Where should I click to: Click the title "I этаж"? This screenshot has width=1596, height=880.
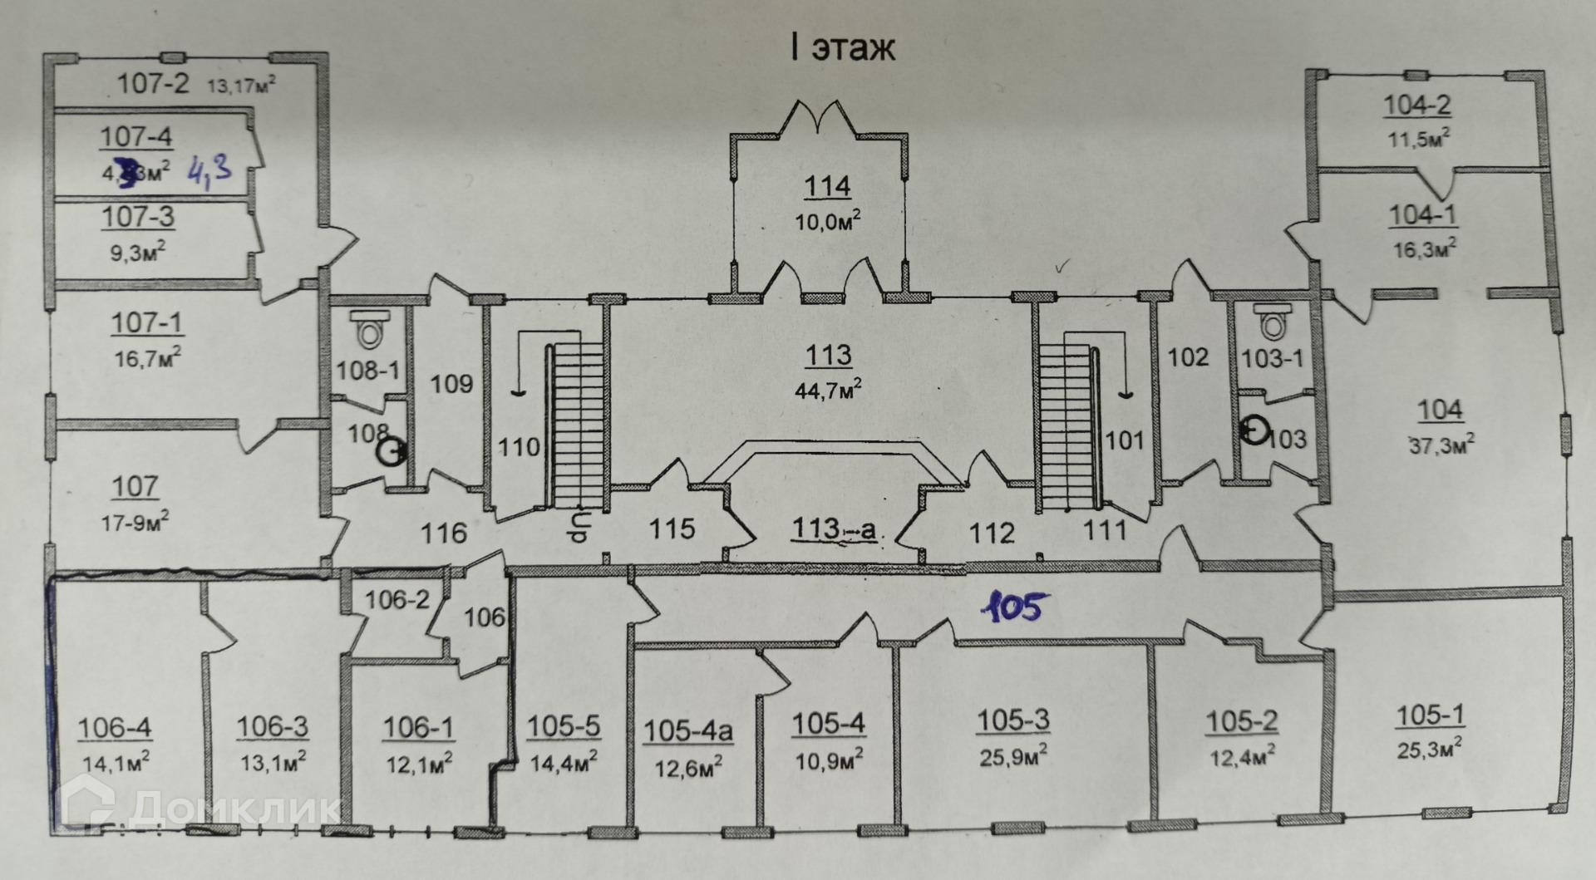pos(842,47)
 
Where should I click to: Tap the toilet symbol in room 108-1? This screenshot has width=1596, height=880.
pos(367,330)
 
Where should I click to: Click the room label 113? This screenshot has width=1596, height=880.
pos(828,355)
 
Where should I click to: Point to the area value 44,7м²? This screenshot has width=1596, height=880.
pos(828,389)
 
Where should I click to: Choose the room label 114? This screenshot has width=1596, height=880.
pos(827,186)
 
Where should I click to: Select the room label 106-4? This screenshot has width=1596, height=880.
pos(115,728)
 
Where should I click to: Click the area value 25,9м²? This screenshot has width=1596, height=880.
pos(1012,755)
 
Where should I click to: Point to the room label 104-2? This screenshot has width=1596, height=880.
pos(1417,105)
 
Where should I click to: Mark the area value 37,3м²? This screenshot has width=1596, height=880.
pos(1441,445)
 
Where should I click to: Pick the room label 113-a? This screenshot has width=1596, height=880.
pos(833,528)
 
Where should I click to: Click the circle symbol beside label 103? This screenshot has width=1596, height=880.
pos(1254,431)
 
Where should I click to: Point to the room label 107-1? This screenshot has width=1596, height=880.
pos(147,322)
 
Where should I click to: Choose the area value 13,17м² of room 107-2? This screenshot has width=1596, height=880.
pos(241,85)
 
